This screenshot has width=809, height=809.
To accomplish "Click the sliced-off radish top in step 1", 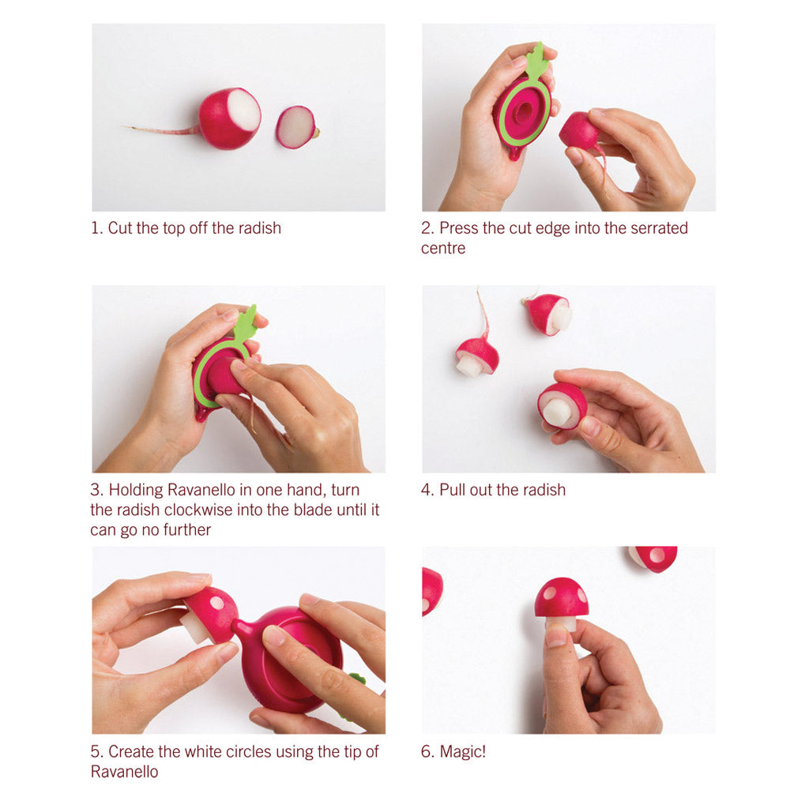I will coord(296,127).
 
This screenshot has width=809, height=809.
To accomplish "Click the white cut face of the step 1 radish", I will coord(244,110).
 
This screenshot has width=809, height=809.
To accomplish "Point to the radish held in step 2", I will coord(579,130).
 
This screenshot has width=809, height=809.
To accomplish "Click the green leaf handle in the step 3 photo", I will coord(245,324).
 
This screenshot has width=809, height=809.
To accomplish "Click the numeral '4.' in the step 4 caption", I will coord(427,490).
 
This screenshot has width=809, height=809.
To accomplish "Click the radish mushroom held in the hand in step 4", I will coord(562,404).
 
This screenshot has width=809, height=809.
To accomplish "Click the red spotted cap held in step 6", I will coord(561,597).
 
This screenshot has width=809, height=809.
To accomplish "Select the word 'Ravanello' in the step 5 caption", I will coord(124,772).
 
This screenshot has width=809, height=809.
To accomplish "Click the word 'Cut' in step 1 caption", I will coord(119,228).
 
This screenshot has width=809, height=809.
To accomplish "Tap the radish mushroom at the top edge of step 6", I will coord(653,557).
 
